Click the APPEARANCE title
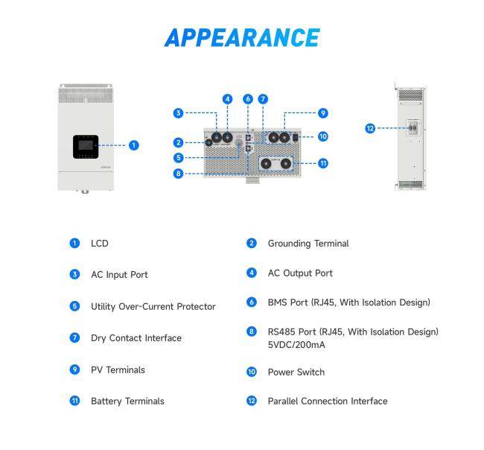coord(242,38)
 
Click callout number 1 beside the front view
coord(133,145)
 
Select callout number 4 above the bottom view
coord(228,99)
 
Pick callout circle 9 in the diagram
coord(323,113)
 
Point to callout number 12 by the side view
coord(370,128)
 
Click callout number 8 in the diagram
coord(178,174)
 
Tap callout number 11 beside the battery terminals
coord(323,163)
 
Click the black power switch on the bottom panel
coord(296,137)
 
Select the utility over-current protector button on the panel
coord(238,142)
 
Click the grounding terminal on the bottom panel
coord(208,142)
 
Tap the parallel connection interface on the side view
coord(413,127)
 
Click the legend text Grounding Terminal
coord(308,244)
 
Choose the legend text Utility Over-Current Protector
coord(153,307)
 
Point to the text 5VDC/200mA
coord(296,345)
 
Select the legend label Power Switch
coord(296,373)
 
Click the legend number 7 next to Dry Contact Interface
coord(74,337)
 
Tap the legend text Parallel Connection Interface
coord(328,402)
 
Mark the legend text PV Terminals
coord(118,370)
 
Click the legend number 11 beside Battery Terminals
coord(74,401)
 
